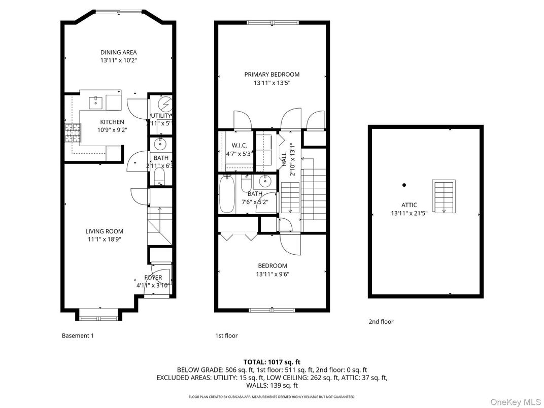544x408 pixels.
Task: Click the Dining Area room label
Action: [118, 52]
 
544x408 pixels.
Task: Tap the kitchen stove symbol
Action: [70, 134]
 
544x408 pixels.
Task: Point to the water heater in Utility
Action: [164, 104]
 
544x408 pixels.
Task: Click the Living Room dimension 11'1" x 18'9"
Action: [104, 239]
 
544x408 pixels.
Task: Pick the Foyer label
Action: [153, 278]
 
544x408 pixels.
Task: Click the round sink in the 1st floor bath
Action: [264, 181]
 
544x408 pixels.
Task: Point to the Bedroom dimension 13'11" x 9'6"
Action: [273, 274]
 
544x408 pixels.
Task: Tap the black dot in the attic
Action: [404, 185]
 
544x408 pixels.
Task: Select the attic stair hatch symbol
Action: [443, 196]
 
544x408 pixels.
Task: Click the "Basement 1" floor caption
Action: [78, 335]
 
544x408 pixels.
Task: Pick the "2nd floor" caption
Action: [381, 322]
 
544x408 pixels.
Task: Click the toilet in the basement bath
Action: [158, 176]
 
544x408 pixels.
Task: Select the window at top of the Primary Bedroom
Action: [273, 22]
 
